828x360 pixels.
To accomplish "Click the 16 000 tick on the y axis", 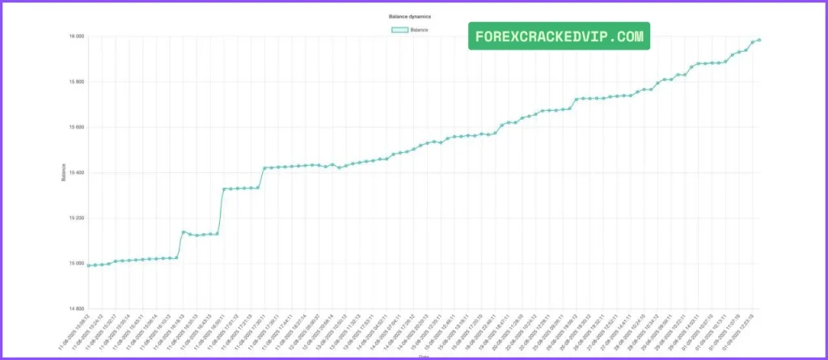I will [x=76, y=36].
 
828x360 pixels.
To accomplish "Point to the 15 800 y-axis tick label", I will [x=76, y=82].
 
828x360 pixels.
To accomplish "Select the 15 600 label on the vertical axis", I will [x=76, y=127].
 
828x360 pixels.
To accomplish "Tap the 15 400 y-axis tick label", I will [x=76, y=172].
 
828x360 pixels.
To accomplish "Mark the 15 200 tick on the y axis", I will [x=76, y=218].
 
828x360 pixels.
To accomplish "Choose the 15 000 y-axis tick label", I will [x=76, y=263].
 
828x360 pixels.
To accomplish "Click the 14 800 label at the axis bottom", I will [x=76, y=308].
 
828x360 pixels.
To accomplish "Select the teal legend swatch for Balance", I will [x=399, y=30].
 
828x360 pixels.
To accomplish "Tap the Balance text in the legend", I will [x=420, y=30].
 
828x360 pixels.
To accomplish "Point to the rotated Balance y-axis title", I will [x=64, y=172].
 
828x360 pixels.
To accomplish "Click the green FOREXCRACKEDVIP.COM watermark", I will [x=559, y=36].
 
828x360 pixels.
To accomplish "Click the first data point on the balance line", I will [x=88, y=265].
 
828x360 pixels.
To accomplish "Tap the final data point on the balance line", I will [x=759, y=40].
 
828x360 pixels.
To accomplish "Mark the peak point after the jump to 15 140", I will [x=184, y=231].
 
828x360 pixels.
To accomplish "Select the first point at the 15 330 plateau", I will [x=224, y=188].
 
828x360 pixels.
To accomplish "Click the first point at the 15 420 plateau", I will [x=265, y=167].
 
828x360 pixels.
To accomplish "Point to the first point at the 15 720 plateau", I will [x=577, y=100].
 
